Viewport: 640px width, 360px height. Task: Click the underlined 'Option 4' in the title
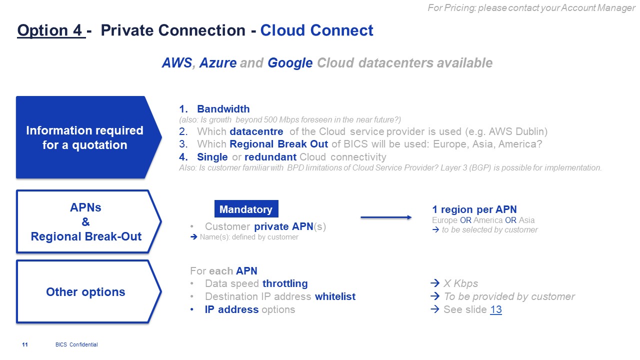49,30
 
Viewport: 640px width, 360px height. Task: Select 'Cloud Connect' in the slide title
316,30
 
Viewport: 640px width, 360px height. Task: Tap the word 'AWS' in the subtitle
177,63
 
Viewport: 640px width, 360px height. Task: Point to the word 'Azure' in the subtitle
218,63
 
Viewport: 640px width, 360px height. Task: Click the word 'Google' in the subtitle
290,63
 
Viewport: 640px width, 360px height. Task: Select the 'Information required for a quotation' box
85,137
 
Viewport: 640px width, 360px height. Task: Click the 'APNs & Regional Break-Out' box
86,222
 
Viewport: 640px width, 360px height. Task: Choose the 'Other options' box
86,292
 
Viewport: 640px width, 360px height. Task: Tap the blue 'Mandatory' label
246,209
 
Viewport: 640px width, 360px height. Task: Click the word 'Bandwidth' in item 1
223,109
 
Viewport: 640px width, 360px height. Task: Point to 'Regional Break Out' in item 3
278,144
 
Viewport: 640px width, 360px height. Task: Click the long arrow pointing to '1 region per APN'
386,217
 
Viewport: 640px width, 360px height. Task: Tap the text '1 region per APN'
474,209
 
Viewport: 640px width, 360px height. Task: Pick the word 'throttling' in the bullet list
285,284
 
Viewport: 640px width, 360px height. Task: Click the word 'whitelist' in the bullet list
335,296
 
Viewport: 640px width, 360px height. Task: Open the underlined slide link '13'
496,309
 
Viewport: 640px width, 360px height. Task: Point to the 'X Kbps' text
460,284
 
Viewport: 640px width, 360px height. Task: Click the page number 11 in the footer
25,344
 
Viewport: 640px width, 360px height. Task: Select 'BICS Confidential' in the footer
76,344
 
